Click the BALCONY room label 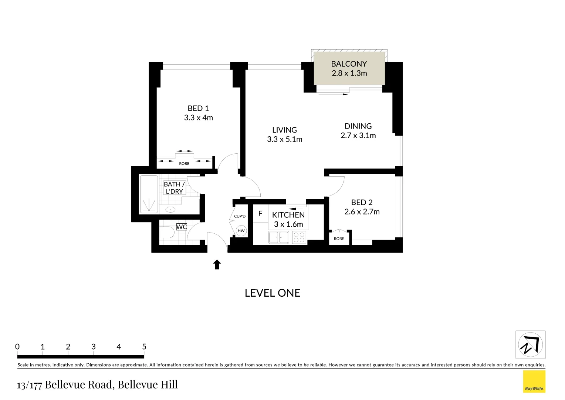point(349,64)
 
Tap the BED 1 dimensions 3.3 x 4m point(199,118)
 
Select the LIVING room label point(284,130)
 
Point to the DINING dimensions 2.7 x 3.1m point(358,136)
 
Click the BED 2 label point(362,203)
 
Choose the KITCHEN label point(288,215)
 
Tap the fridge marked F point(260,214)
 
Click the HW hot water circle point(241,231)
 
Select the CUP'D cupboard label point(240,216)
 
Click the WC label point(182,227)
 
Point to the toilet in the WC point(167,233)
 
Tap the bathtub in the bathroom point(149,194)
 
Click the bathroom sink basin point(170,210)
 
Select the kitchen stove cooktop point(299,237)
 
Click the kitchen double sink point(279,237)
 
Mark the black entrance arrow point(217,264)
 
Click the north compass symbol point(530,344)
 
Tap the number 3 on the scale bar point(93,347)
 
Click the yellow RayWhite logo point(534,381)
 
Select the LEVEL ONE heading point(273,293)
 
